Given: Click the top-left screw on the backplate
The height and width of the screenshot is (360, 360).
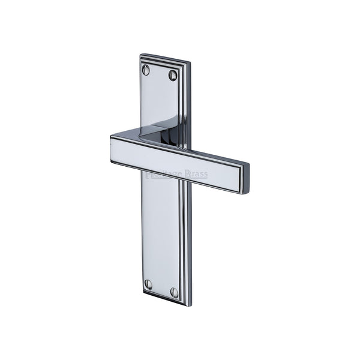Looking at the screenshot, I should [x=146, y=70].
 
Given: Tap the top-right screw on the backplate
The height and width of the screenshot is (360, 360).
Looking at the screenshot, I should [x=173, y=75].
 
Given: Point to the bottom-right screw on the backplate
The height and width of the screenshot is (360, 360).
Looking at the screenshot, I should [x=175, y=292].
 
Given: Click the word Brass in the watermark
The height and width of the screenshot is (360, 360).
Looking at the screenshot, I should [x=196, y=175].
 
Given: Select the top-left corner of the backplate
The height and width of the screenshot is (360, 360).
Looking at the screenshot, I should [x=141, y=56].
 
